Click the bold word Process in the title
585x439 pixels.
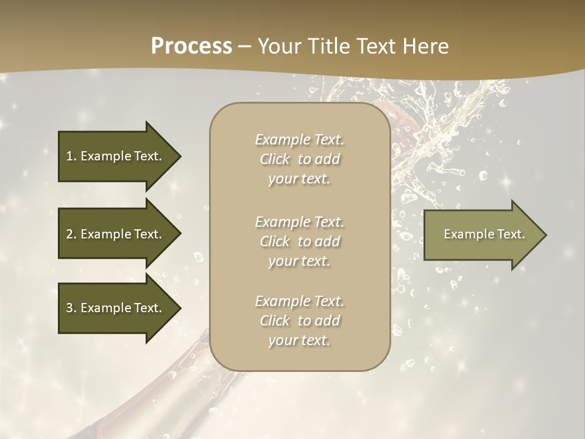tap(191, 46)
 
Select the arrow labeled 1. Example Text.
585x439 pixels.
tap(116, 156)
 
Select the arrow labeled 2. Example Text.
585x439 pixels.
tap(116, 234)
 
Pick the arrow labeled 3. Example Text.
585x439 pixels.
tap(116, 308)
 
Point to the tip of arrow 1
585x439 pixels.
tap(180, 156)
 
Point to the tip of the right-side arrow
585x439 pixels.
tap(545, 234)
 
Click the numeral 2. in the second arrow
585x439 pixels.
tap(71, 234)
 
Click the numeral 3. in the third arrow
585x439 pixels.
tap(71, 308)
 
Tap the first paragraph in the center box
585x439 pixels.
tap(299, 159)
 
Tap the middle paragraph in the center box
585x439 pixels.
tap(299, 241)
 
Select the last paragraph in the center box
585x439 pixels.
tap(299, 321)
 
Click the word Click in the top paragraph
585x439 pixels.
tap(275, 159)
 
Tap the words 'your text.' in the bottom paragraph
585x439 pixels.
tap(299, 341)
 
